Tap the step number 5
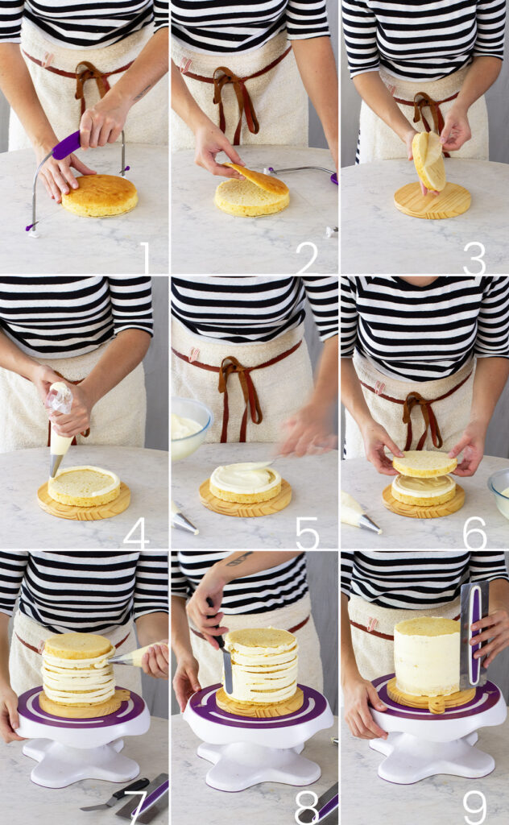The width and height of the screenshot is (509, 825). click(x=307, y=533)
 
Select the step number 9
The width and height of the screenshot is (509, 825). click(x=474, y=807)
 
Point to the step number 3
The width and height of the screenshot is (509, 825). click(x=474, y=258)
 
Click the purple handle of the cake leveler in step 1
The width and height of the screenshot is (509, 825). click(x=67, y=145)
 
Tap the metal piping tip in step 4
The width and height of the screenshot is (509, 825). click(x=56, y=465)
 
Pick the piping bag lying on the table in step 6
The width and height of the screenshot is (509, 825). click(x=359, y=515)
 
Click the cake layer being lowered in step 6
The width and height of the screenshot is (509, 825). click(x=425, y=464)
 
